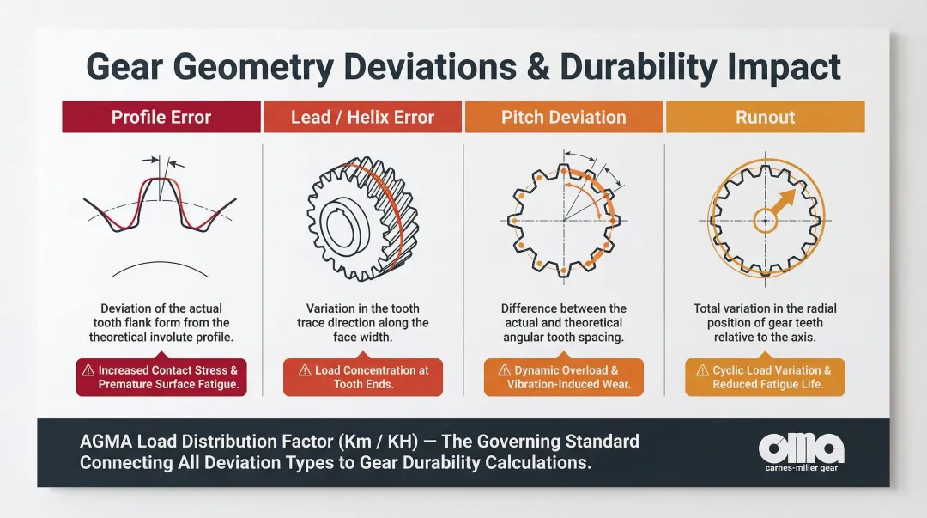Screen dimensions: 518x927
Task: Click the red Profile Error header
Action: (161, 117)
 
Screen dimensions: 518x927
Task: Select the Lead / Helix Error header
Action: (362, 117)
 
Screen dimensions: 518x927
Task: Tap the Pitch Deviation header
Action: (563, 117)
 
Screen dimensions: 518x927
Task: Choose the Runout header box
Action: (765, 117)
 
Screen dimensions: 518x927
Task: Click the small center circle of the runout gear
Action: (765, 221)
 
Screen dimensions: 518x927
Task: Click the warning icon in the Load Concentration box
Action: (305, 370)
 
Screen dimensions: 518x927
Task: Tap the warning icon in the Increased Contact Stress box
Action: (88, 370)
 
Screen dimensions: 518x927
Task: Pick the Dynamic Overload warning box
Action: (563, 377)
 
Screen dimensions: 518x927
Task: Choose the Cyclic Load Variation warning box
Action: (765, 377)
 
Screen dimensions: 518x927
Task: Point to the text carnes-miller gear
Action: (801, 468)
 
